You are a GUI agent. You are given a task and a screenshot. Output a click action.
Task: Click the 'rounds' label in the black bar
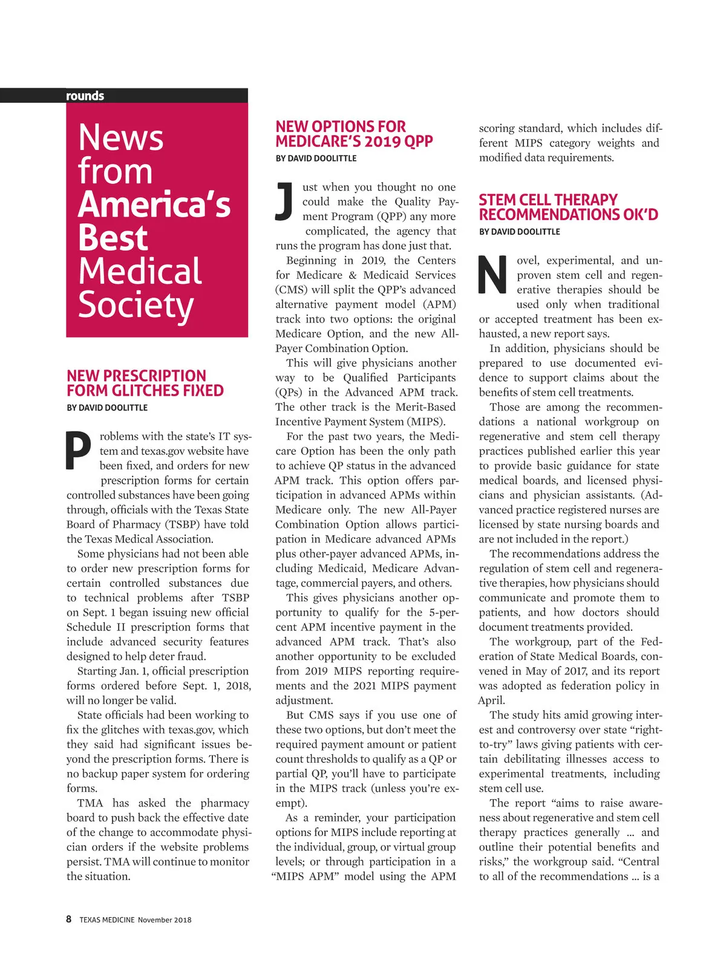click(x=85, y=96)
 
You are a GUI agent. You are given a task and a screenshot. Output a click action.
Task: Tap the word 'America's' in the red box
click(x=154, y=204)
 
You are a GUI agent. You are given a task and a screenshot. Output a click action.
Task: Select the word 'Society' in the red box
click(x=136, y=305)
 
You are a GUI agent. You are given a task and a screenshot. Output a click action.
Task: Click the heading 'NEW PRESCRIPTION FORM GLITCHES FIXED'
click(x=145, y=383)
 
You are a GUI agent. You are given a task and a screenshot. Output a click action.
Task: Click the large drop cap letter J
click(x=284, y=201)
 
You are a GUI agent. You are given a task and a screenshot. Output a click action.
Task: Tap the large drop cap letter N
click(x=492, y=275)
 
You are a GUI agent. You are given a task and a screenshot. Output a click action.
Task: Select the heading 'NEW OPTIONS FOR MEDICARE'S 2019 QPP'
click(x=354, y=134)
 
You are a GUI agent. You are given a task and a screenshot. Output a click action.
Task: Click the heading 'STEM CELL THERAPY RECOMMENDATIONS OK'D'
click(x=568, y=207)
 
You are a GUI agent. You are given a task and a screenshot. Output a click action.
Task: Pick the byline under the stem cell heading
click(x=519, y=232)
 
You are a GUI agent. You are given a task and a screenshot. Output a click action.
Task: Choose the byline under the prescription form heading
click(x=107, y=408)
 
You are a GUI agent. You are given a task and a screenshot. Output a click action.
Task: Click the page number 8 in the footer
click(x=68, y=919)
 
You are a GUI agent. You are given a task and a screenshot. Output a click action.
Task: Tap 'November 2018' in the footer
click(x=165, y=920)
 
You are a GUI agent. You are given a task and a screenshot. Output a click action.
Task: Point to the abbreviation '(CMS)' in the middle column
click(x=292, y=290)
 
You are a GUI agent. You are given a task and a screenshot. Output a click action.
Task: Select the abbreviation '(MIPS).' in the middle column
click(x=425, y=422)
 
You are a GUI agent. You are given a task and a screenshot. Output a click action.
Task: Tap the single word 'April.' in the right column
click(x=491, y=701)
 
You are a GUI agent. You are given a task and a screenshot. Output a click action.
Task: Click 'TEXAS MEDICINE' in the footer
click(x=106, y=920)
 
